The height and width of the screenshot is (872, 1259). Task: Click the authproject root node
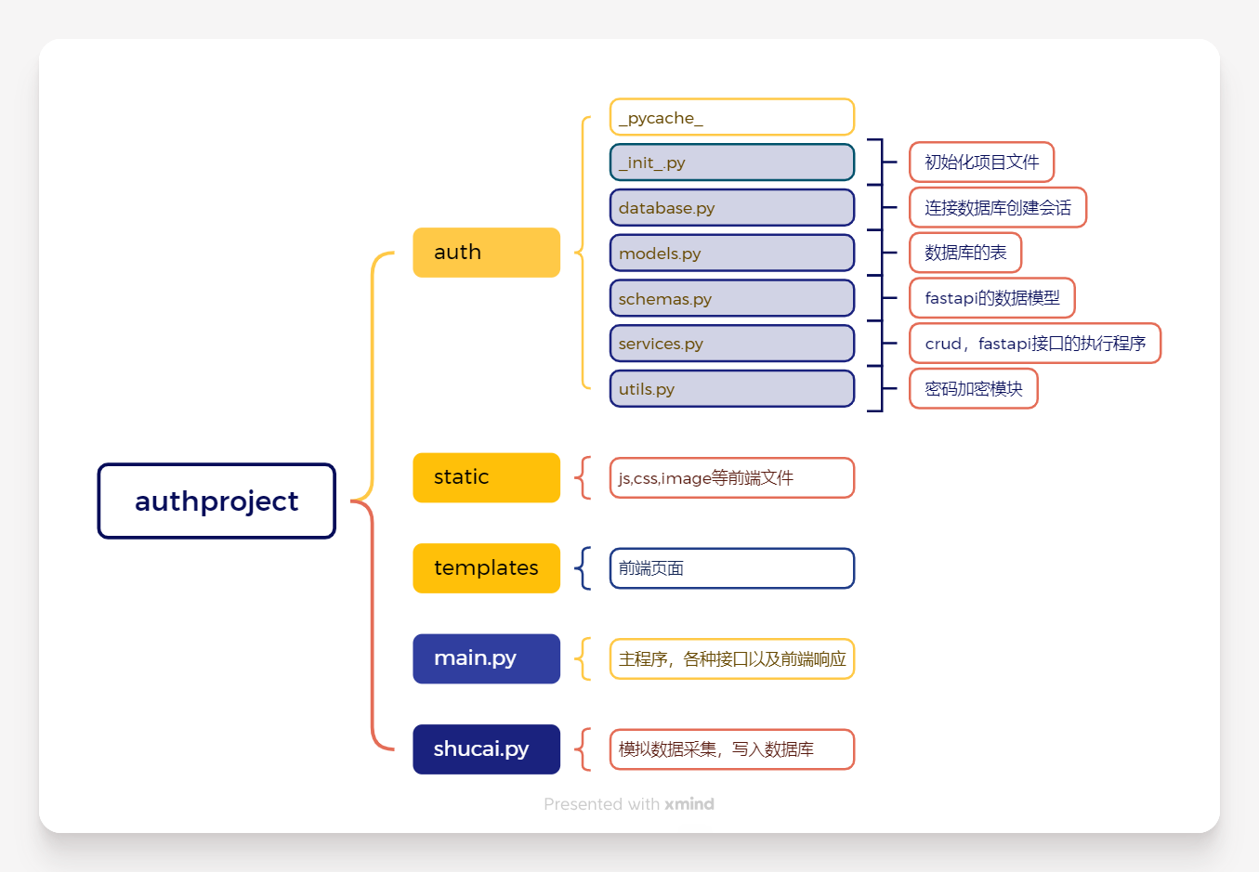pyautogui.click(x=216, y=501)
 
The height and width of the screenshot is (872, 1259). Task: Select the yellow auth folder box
pyautogui.click(x=486, y=253)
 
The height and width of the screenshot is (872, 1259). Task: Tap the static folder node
pyautogui.click(x=486, y=477)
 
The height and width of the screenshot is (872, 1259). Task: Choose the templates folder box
pyautogui.click(x=486, y=568)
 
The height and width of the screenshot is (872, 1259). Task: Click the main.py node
pyautogui.click(x=486, y=658)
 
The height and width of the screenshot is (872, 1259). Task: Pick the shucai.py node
pyautogui.click(x=486, y=748)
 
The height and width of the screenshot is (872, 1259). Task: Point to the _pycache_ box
pyautogui.click(x=732, y=117)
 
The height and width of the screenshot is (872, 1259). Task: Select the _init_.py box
pyautogui.click(x=732, y=163)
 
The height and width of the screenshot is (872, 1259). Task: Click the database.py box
pyautogui.click(x=732, y=207)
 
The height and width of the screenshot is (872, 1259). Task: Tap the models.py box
pyautogui.click(x=732, y=253)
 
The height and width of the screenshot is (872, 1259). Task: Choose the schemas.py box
pyautogui.click(x=732, y=298)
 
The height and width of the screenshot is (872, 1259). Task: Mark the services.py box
pyautogui.click(x=732, y=344)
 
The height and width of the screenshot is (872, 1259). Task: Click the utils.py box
pyautogui.click(x=732, y=388)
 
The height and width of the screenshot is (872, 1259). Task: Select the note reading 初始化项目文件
pyautogui.click(x=981, y=162)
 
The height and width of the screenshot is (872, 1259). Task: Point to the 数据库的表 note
pyautogui.click(x=965, y=253)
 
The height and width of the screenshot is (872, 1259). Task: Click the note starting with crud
pyautogui.click(x=1035, y=343)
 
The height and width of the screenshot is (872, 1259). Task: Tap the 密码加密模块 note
pyautogui.click(x=974, y=388)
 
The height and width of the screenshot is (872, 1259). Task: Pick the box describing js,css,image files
pyautogui.click(x=732, y=478)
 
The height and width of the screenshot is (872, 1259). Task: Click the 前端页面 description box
pyautogui.click(x=732, y=568)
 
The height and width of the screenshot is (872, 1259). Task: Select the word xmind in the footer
pyautogui.click(x=689, y=804)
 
